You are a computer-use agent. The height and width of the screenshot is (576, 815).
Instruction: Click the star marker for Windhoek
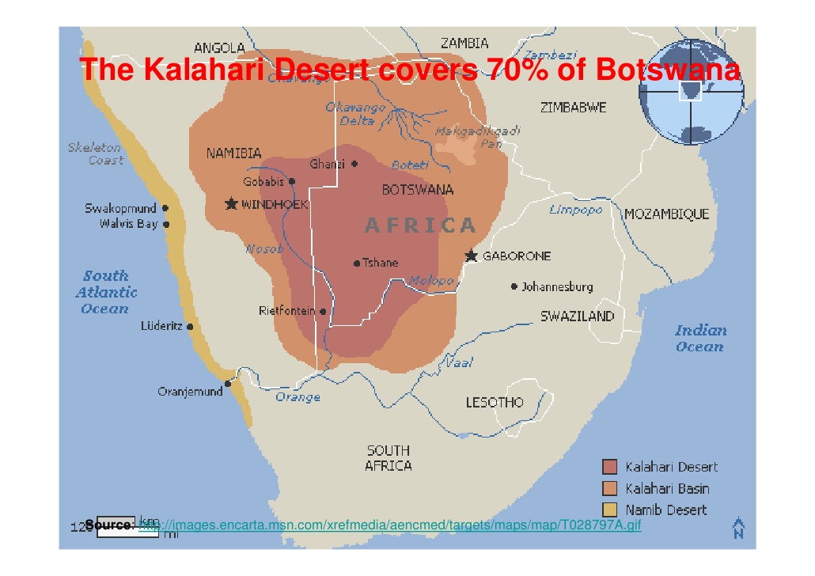(x=231, y=204)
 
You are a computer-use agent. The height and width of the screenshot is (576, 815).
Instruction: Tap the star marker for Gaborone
(x=472, y=256)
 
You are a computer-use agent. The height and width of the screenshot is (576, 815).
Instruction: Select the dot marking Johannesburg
(x=514, y=286)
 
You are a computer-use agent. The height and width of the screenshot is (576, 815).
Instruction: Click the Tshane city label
(x=381, y=263)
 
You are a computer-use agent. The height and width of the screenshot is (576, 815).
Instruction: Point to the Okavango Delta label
(x=356, y=114)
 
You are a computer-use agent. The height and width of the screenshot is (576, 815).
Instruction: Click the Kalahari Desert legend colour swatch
(x=609, y=467)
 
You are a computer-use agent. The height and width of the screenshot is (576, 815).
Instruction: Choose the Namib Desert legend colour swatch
(x=609, y=510)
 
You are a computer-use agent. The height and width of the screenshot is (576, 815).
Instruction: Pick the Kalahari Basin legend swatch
(x=609, y=488)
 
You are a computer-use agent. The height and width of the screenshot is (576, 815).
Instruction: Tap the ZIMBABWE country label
(x=573, y=107)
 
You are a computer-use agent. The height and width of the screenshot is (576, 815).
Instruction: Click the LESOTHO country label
(x=495, y=403)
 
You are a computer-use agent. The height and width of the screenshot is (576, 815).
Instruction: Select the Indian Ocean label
(x=699, y=338)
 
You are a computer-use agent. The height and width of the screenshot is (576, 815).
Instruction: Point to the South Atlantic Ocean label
(x=106, y=292)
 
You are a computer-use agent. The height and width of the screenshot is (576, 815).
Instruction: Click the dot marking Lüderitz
(x=190, y=326)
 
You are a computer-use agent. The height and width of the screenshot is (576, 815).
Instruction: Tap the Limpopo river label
(x=576, y=210)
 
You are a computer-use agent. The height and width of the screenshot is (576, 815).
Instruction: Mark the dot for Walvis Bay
(x=166, y=224)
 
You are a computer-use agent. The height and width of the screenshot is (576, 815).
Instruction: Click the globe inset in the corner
(x=691, y=93)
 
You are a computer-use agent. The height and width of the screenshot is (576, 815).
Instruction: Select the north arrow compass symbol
(x=738, y=527)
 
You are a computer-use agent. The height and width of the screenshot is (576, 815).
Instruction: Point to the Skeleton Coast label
(x=95, y=154)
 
